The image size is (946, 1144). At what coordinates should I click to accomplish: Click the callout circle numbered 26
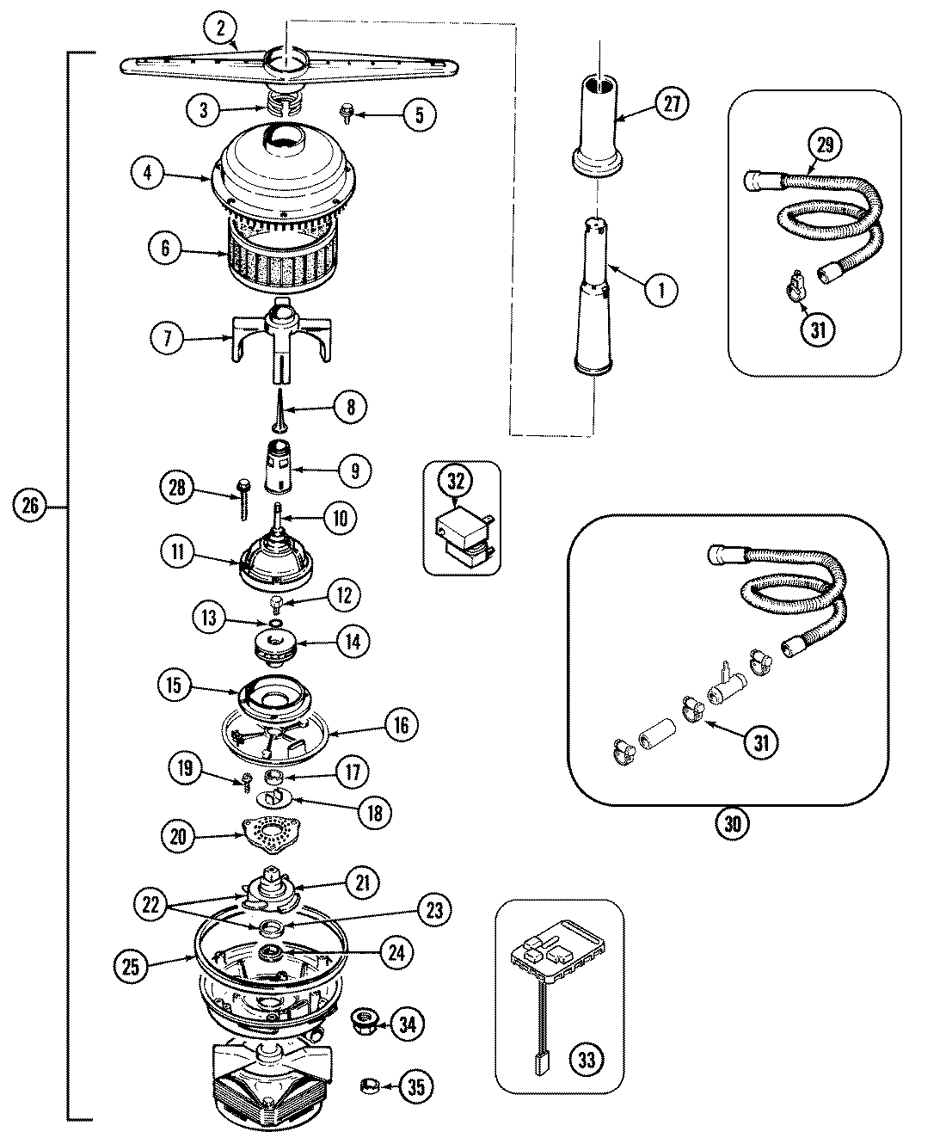(30, 506)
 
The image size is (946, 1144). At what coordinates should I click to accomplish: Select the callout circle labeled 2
(221, 29)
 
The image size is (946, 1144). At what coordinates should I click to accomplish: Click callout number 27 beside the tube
(672, 104)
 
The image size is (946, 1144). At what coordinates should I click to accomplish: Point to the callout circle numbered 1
(660, 290)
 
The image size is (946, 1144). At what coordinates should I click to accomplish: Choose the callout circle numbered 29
(825, 145)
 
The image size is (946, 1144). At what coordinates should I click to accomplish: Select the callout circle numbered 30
(732, 824)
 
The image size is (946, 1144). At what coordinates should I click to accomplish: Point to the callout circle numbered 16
(402, 724)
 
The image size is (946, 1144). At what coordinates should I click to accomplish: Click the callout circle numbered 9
(353, 471)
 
